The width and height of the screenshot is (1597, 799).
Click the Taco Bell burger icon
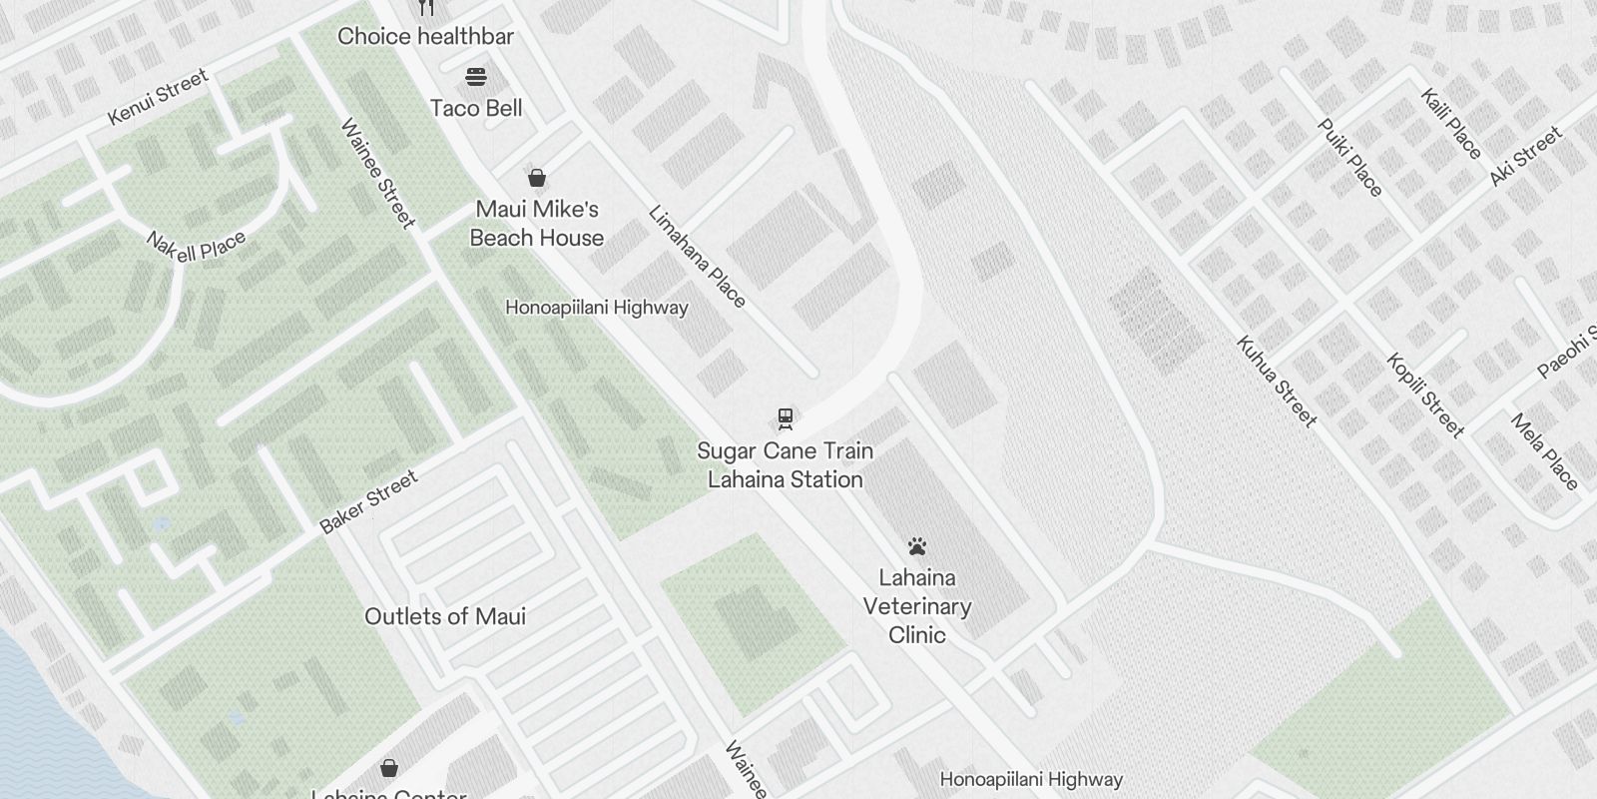(x=476, y=77)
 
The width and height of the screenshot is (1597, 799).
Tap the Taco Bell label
(x=476, y=108)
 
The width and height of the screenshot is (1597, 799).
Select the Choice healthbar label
(x=425, y=37)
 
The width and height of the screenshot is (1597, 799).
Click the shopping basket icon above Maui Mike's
(x=537, y=179)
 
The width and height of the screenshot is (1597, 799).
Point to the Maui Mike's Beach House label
(x=537, y=224)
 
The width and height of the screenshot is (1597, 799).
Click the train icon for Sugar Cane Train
(x=786, y=418)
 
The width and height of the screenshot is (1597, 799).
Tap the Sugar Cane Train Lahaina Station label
(x=786, y=465)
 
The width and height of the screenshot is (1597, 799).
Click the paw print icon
(x=917, y=546)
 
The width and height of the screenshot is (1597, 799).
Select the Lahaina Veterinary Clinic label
(x=917, y=606)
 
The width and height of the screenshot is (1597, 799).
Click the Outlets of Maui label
(x=445, y=616)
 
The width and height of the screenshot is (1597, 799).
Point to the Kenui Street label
(x=158, y=97)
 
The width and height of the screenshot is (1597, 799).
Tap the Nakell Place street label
(x=196, y=246)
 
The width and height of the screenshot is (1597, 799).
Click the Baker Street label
(x=369, y=502)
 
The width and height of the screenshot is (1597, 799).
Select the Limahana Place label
(x=697, y=257)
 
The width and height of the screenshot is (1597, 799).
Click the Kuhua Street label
(x=1277, y=381)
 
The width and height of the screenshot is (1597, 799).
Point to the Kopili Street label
(x=1425, y=396)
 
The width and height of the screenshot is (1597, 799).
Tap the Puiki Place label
(x=1350, y=158)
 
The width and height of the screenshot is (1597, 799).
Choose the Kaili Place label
(x=1451, y=124)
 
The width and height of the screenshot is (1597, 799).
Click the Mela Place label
(x=1545, y=452)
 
